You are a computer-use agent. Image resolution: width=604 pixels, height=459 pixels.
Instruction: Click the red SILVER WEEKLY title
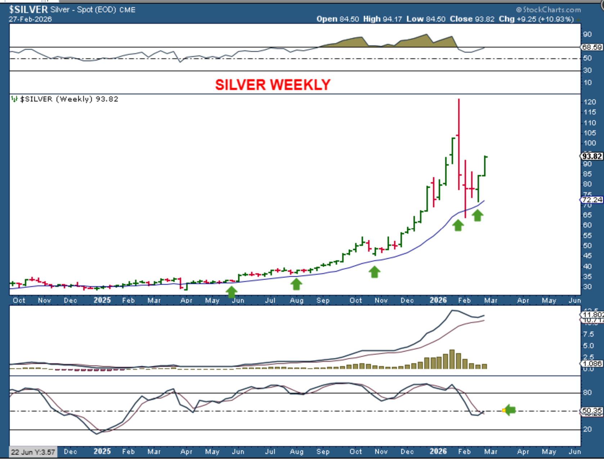pos(273,85)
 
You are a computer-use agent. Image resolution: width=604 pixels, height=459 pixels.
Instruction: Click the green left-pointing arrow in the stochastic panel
pos(510,410)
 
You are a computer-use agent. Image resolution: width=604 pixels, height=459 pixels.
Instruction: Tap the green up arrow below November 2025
pos(375,272)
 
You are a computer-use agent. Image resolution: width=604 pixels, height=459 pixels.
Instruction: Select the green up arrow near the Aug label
pos(296,284)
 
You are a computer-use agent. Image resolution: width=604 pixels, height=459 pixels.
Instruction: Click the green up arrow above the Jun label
pos(231,292)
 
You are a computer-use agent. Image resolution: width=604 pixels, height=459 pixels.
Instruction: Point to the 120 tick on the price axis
pos(590,102)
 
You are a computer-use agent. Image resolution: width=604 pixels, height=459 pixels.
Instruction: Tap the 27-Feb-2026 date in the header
pos(30,19)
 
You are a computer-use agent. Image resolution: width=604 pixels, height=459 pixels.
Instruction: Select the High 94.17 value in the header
pos(382,19)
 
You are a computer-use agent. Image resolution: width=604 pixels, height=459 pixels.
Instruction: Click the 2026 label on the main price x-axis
pos(438,300)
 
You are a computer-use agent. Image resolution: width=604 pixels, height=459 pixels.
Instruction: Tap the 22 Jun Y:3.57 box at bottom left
pos(33,452)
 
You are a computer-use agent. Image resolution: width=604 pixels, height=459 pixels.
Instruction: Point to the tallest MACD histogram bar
pos(452,359)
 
